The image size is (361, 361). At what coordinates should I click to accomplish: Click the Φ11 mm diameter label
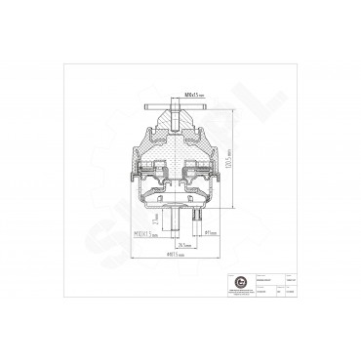[x=210, y=234]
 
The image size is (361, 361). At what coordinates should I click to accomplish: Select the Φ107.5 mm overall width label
[x=179, y=256]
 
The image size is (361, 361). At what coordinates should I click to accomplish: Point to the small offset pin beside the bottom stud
[x=195, y=223]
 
